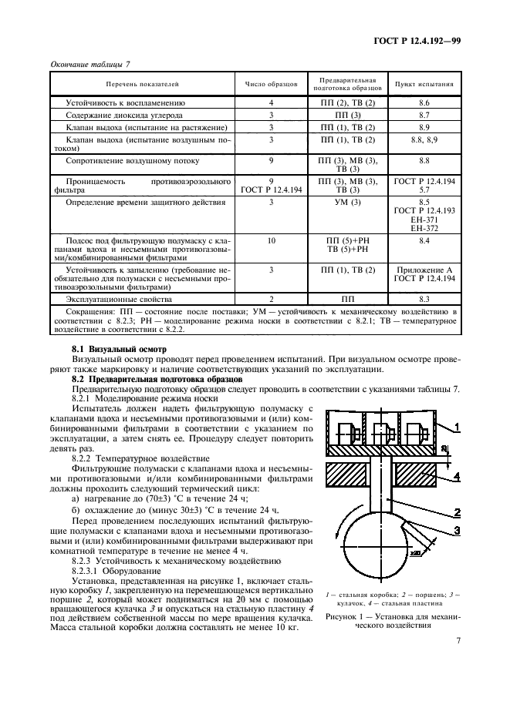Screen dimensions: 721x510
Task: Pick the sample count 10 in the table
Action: (271, 241)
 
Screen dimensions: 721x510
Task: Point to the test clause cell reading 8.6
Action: (424, 102)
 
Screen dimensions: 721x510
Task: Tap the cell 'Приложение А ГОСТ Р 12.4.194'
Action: (424, 275)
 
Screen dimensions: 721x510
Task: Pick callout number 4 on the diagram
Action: (456, 478)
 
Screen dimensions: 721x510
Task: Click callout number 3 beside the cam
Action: (456, 529)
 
